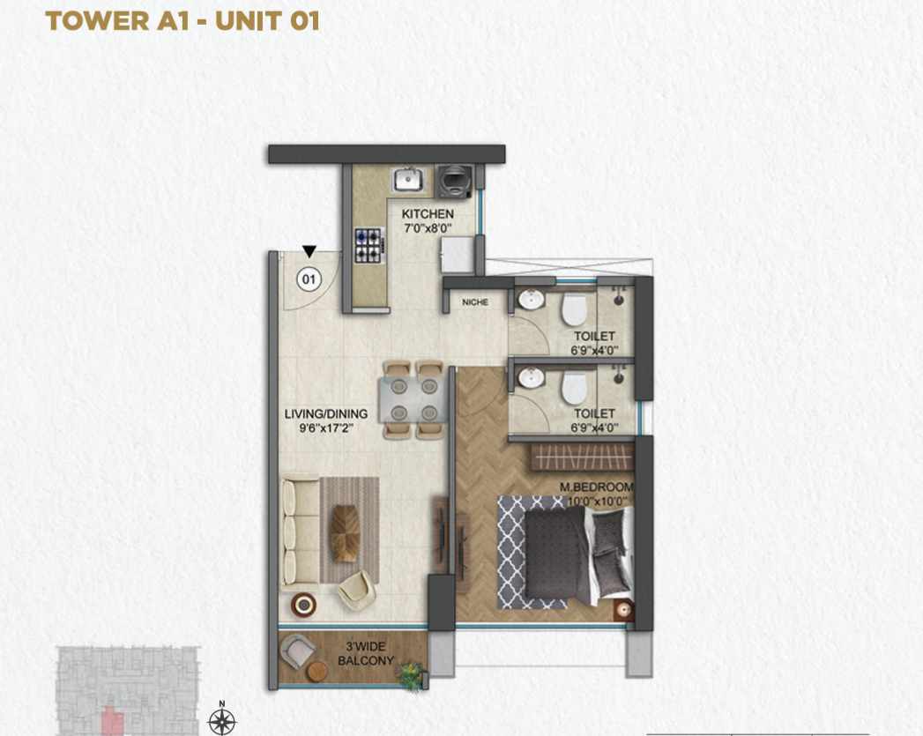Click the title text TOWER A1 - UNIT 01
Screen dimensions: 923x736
tap(182, 21)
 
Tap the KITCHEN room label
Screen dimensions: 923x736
tap(428, 214)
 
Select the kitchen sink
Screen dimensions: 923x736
tap(407, 179)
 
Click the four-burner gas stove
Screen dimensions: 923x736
tap(369, 245)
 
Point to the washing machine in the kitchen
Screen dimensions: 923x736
tap(454, 182)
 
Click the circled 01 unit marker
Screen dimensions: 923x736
tap(309, 279)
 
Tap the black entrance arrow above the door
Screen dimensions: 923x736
tap(309, 252)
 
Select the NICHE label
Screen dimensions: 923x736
tap(475, 302)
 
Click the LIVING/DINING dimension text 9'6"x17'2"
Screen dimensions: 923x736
tap(326, 428)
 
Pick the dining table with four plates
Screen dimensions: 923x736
tap(413, 400)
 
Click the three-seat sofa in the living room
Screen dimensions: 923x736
tap(301, 534)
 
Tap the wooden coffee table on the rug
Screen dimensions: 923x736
tap(346, 533)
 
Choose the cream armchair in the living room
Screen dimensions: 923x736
tap(357, 590)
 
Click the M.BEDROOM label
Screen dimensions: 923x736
tap(596, 487)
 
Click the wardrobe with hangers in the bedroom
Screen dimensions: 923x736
tap(582, 457)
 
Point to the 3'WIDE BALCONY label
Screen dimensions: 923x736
tap(366, 653)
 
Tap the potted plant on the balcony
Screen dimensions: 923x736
tap(410, 675)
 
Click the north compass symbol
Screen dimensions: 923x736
tap(222, 720)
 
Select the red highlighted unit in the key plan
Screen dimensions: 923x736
tap(113, 721)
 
